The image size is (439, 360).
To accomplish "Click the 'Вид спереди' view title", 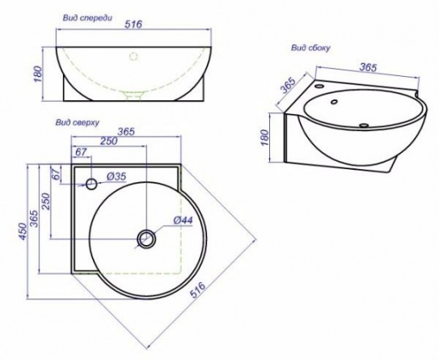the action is (x=87, y=19).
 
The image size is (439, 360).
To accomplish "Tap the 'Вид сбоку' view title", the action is (x=310, y=48).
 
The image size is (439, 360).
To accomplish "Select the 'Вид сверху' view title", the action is (x=78, y=123).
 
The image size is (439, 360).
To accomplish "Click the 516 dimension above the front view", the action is (x=133, y=24).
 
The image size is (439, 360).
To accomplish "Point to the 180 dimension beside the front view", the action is (x=37, y=74).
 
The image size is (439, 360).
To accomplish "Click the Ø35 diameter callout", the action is (x=116, y=176).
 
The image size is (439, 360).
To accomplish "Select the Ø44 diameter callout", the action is (x=183, y=221).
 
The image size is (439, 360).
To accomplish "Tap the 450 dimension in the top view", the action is (x=23, y=231).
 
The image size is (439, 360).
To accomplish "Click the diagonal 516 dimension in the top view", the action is (x=198, y=290).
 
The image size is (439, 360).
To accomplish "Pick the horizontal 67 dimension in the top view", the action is (x=82, y=152).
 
